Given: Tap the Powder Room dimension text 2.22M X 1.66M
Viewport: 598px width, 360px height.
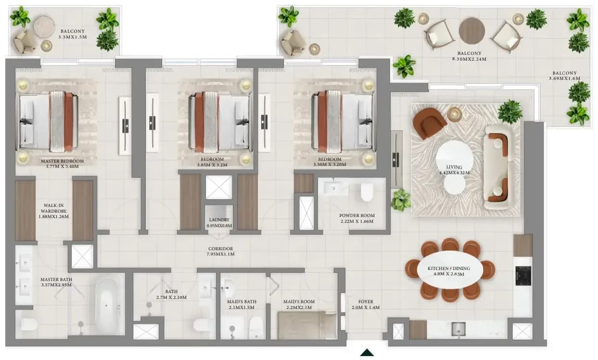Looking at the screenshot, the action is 357,221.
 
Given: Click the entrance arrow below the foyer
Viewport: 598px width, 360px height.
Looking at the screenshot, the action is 367,352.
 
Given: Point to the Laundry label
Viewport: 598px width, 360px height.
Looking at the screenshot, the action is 219,220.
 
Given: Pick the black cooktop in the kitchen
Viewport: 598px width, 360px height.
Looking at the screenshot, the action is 523,276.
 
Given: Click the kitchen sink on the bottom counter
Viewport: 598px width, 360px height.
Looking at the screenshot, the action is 458,329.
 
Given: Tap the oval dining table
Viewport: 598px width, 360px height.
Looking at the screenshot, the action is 450,270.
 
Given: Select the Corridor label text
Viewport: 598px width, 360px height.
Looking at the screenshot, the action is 220,249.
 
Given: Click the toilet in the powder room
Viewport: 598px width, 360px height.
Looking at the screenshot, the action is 367,192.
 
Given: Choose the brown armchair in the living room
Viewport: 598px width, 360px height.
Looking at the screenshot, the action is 429,123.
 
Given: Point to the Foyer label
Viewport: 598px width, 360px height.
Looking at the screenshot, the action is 366,302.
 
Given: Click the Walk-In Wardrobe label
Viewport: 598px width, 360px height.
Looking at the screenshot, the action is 54,208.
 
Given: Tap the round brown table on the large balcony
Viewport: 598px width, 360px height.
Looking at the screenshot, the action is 472,31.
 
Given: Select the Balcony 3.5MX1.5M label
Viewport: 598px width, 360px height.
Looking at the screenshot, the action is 73,34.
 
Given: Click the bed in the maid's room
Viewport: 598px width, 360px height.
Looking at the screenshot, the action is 307,325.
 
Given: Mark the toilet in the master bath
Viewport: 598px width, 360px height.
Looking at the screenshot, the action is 29,324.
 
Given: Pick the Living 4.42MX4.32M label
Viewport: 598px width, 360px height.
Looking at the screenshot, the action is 454,170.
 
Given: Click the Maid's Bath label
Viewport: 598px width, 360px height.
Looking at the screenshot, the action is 242,301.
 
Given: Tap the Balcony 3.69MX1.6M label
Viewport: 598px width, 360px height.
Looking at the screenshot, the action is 565,76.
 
